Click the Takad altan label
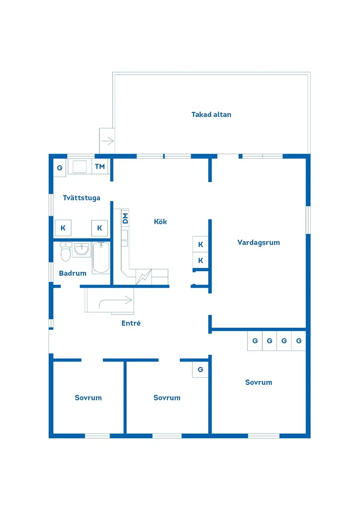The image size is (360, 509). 211,115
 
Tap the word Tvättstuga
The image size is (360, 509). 82,198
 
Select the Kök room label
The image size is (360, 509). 160,222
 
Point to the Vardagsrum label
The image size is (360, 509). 258,243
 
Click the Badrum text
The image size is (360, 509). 72,273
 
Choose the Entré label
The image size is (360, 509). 131,323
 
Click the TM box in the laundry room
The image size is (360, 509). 100,167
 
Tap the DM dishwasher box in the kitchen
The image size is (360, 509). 125,219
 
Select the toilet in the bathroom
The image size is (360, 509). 65,252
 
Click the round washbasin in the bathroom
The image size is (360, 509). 82,250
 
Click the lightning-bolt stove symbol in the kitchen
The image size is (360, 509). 143,277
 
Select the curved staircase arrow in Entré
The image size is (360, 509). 116,301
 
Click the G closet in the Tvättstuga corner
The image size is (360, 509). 59,168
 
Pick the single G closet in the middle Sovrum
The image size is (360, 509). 200,369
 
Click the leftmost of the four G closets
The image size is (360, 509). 255,341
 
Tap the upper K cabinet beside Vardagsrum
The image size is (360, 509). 200,244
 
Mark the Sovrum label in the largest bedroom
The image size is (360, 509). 258,383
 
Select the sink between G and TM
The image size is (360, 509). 79,167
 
